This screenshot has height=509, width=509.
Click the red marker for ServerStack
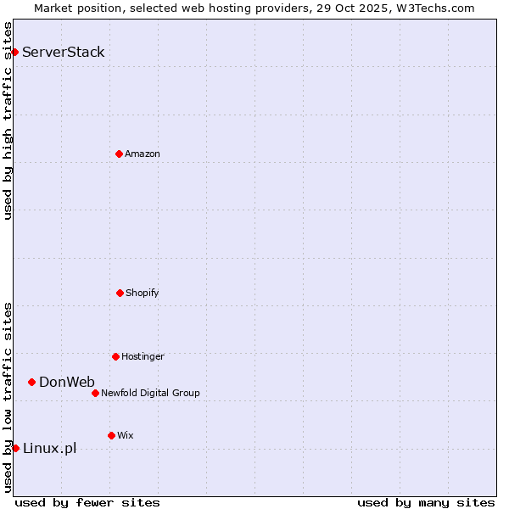click(x=14, y=53)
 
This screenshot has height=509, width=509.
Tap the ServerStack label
click(x=64, y=53)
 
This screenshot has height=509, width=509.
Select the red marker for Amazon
click(x=119, y=154)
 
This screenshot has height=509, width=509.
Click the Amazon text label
click(x=143, y=154)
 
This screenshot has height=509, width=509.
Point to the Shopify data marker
click(x=120, y=293)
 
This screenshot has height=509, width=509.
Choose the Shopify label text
click(x=143, y=294)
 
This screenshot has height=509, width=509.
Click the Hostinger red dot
click(x=115, y=356)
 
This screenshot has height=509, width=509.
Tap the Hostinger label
click(x=143, y=357)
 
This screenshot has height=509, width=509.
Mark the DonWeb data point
click(x=31, y=382)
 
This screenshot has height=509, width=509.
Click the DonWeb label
click(x=67, y=382)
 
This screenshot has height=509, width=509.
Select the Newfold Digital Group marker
click(x=95, y=393)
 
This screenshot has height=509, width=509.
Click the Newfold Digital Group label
click(x=150, y=394)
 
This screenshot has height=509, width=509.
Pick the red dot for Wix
click(x=111, y=435)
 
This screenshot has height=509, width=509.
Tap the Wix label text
click(x=126, y=436)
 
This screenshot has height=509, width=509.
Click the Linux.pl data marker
click(x=15, y=448)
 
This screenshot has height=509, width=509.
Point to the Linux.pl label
click(x=49, y=449)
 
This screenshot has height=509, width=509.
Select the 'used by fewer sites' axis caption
click(x=87, y=502)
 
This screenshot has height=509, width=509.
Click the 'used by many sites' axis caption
click(x=426, y=502)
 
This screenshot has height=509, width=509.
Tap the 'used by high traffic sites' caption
click(x=8, y=120)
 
